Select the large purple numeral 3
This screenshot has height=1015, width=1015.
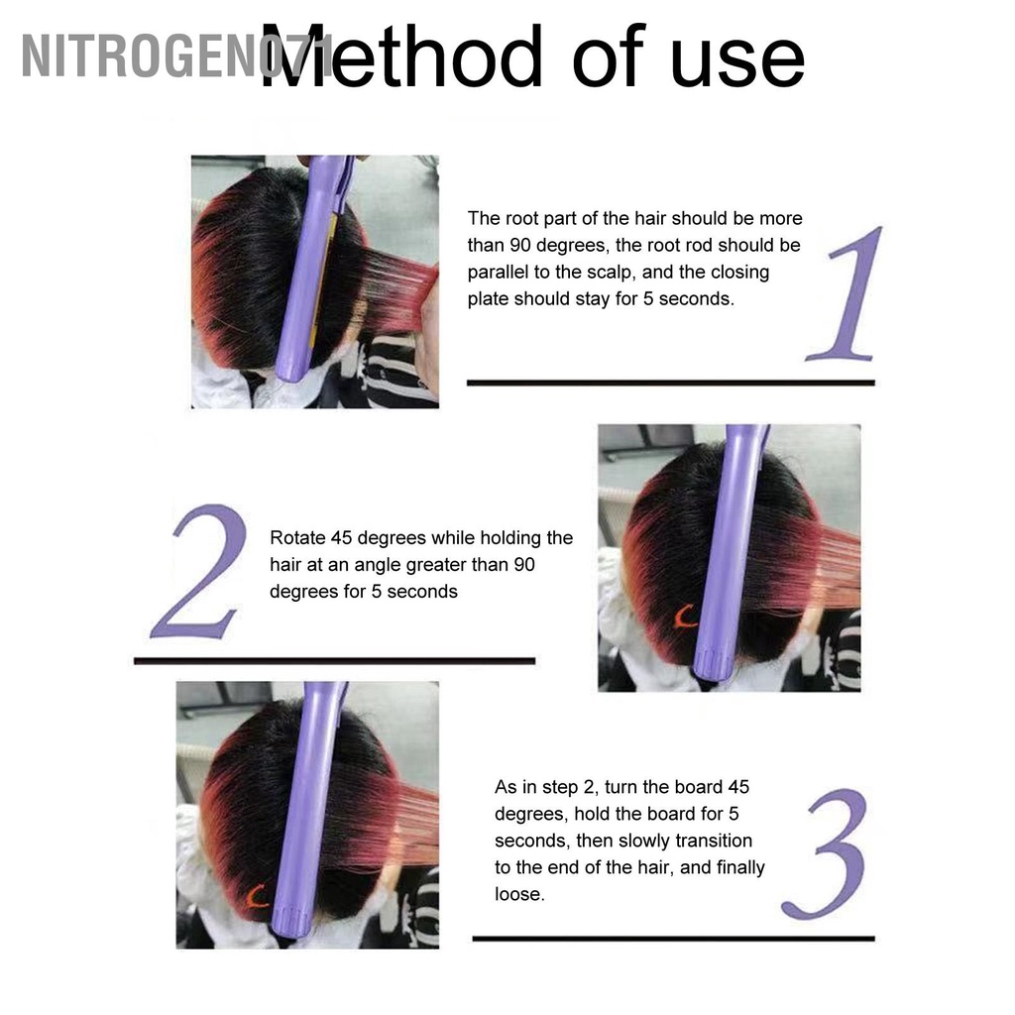click(826, 853)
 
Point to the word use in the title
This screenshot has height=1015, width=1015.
click(737, 63)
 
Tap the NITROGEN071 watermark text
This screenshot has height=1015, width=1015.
click(174, 56)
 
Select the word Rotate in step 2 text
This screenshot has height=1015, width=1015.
click(297, 538)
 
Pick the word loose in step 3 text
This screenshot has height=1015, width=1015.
click(519, 894)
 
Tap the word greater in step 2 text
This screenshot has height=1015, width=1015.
click(435, 565)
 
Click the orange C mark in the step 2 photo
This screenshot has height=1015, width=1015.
click(685, 617)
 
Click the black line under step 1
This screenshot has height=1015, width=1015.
click(671, 383)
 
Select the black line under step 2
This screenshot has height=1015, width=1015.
click(335, 661)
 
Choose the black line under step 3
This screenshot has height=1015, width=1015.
click(673, 939)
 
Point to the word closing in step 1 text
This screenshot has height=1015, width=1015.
click(739, 273)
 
